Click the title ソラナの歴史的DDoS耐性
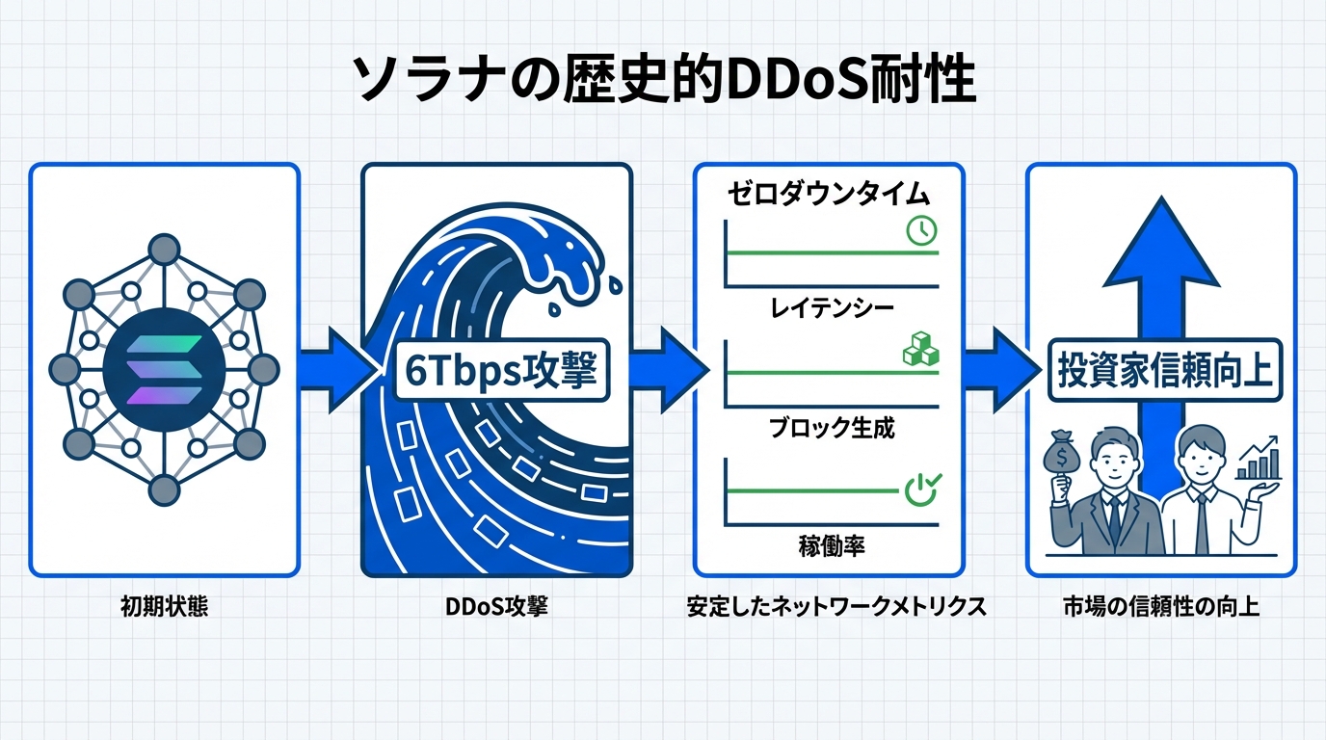(664, 81)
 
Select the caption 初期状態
(164, 608)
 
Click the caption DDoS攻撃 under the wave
(497, 608)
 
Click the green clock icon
(921, 228)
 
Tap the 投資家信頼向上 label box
(1164, 372)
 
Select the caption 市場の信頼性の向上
(1161, 608)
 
